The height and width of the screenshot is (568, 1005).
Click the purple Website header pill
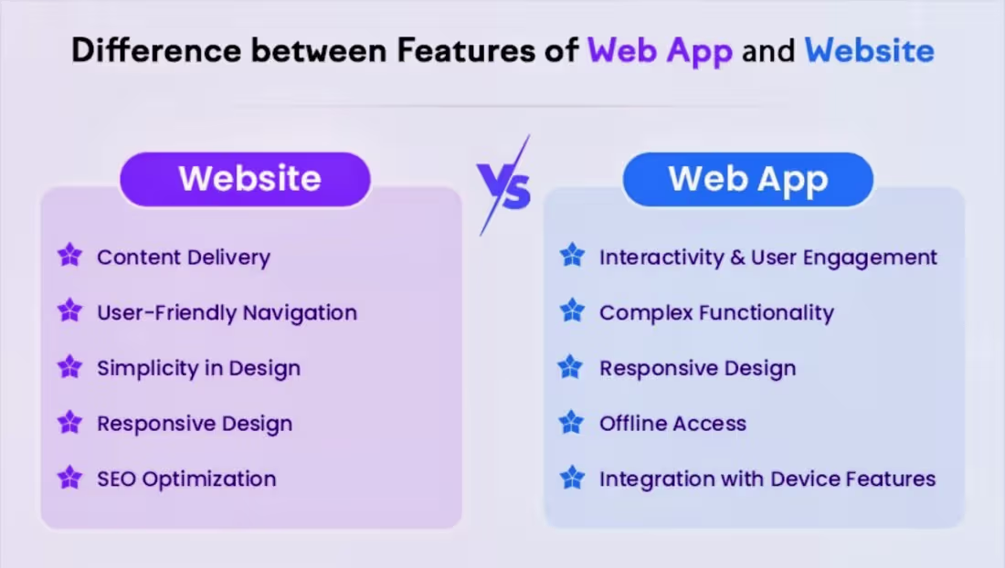pyautogui.click(x=245, y=179)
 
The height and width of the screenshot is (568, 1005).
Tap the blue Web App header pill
pyautogui.click(x=747, y=179)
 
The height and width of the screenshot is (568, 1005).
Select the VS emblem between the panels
pyautogui.click(x=503, y=187)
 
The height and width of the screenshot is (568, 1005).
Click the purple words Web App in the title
pyautogui.click(x=660, y=51)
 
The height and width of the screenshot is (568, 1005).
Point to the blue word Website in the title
pyautogui.click(x=869, y=51)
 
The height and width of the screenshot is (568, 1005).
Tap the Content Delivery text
pyautogui.click(x=184, y=258)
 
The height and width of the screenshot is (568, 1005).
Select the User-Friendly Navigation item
pyautogui.click(x=227, y=313)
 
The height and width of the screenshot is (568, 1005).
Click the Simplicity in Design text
pyautogui.click(x=198, y=369)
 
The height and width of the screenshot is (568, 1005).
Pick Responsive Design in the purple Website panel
pyautogui.click(x=195, y=424)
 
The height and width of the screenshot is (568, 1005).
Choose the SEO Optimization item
pyautogui.click(x=186, y=479)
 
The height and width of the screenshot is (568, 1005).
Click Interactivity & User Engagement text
pyautogui.click(x=768, y=258)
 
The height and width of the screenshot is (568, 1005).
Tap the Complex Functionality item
pyautogui.click(x=716, y=313)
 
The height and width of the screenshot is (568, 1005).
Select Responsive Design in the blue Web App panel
pyautogui.click(x=697, y=369)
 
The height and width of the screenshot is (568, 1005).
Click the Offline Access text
pyautogui.click(x=672, y=424)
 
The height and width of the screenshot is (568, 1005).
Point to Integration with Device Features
pyautogui.click(x=767, y=479)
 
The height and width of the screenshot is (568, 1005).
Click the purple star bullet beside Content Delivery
pyautogui.click(x=69, y=256)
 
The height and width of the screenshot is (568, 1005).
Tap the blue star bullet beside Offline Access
pyautogui.click(x=571, y=422)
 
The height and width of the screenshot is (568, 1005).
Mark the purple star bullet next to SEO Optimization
pyautogui.click(x=69, y=477)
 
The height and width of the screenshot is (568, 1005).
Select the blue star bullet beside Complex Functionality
pyautogui.click(x=572, y=311)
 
